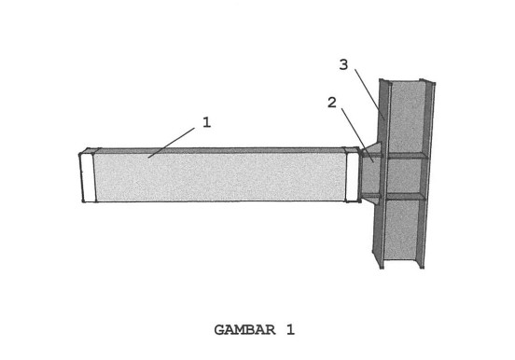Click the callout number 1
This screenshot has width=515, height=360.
point(206,122)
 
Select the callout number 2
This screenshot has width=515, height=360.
point(332,103)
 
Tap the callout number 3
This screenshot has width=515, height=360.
point(343,64)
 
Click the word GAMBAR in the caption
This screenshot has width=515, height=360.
point(245,329)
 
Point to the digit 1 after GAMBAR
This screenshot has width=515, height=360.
point(290,329)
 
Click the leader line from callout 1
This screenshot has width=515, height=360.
point(171,143)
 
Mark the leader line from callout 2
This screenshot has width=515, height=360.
point(357,134)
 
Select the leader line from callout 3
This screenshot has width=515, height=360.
point(369,94)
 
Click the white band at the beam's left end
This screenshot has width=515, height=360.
point(88,177)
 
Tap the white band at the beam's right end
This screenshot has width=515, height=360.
point(353,176)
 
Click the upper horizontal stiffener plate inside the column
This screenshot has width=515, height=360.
point(406,156)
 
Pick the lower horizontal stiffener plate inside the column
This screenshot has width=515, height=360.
point(405,197)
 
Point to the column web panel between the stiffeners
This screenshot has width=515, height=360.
point(405,176)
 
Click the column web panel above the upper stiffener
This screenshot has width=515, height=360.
point(407,118)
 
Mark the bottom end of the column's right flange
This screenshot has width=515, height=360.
point(422,267)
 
